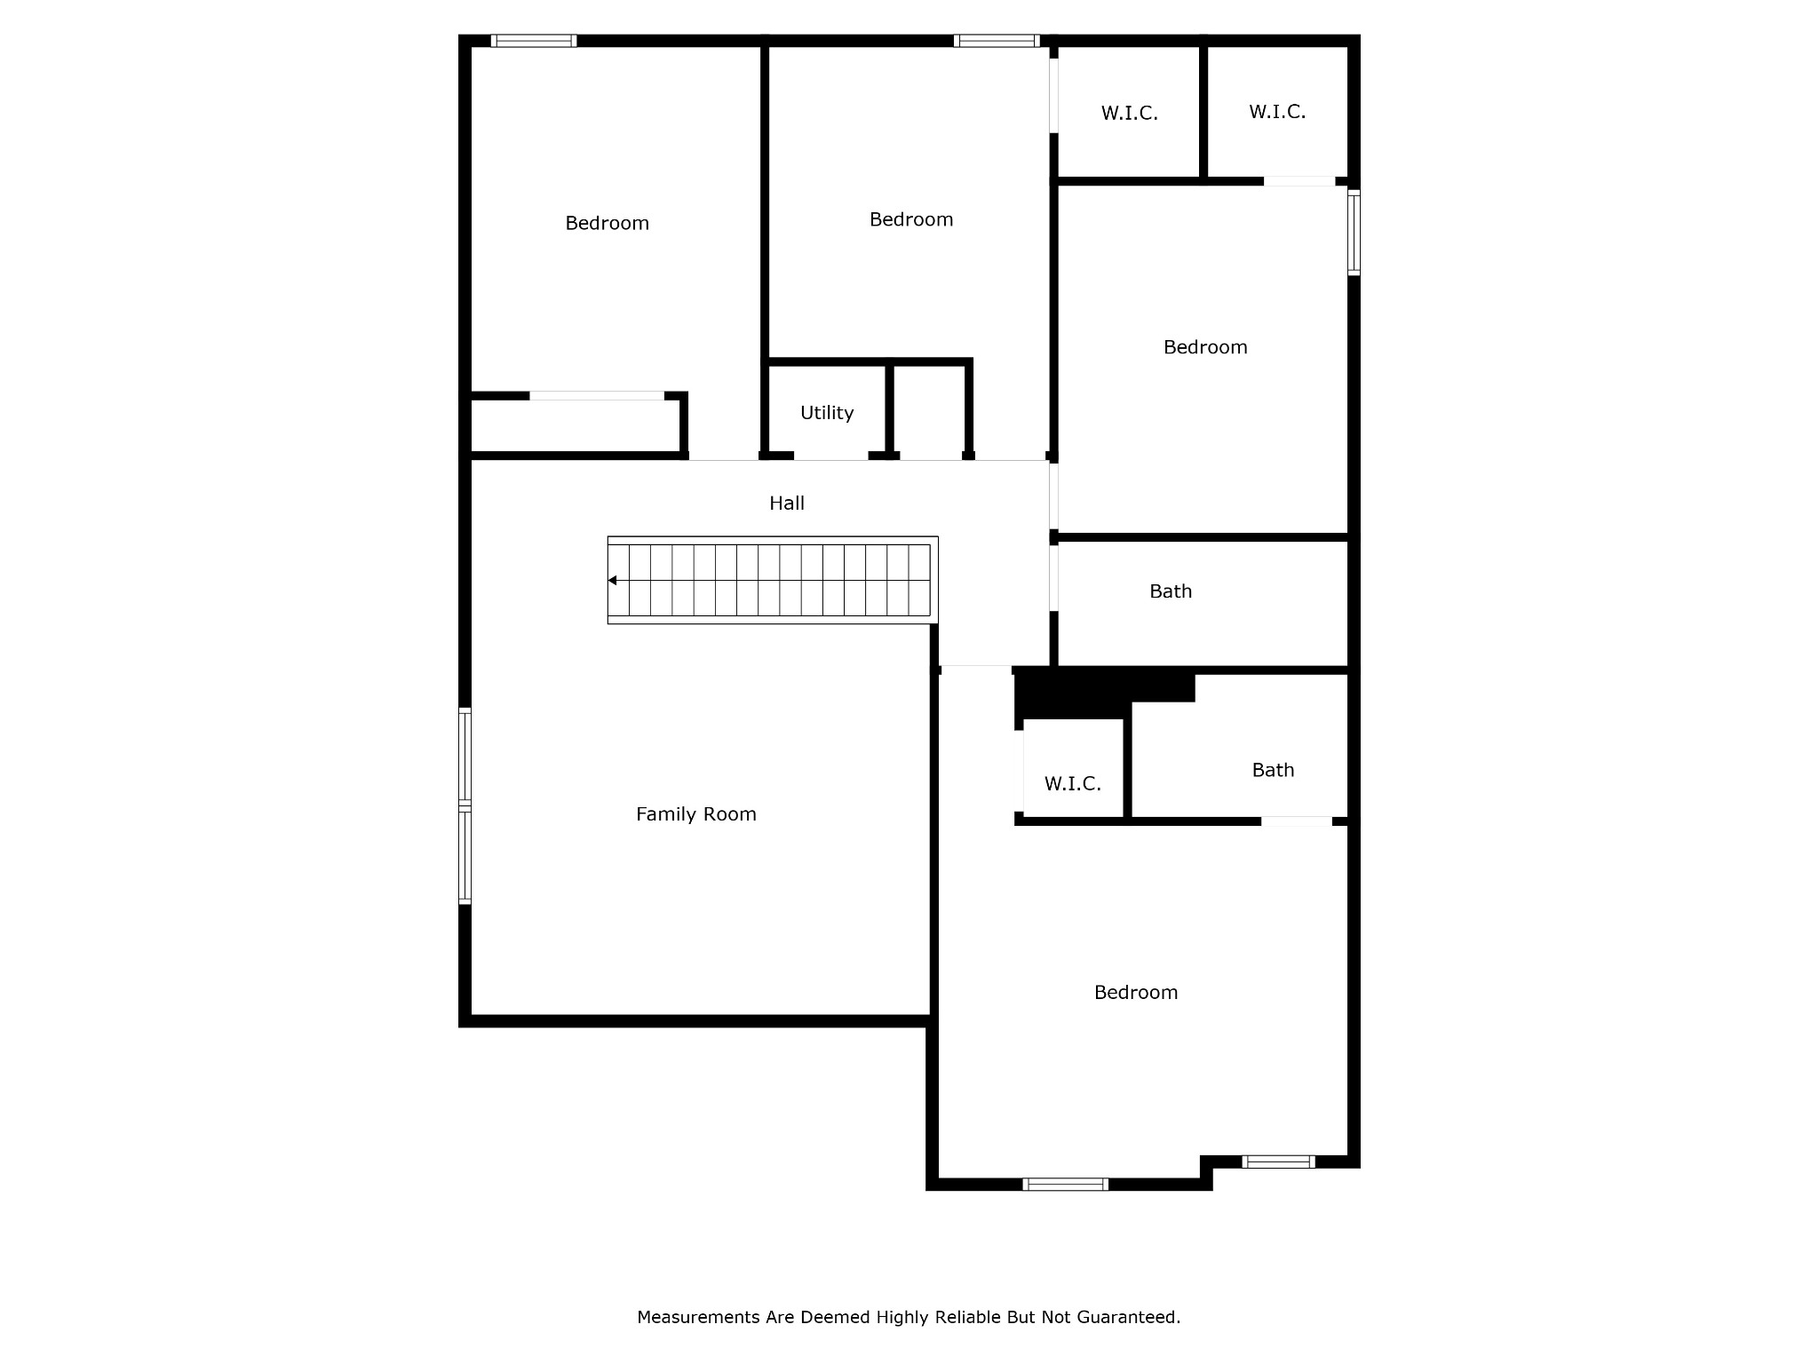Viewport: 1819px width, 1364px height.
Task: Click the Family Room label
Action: point(695,814)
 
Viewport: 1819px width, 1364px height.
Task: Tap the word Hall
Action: point(786,504)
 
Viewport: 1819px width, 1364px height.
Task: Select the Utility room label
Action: point(826,413)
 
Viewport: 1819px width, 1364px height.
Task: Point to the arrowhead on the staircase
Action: point(613,581)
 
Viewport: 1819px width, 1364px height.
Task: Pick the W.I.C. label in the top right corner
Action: point(1276,112)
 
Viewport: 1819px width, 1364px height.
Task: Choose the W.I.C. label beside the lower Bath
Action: point(1072,784)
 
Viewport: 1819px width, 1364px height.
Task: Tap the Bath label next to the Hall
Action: point(1170,591)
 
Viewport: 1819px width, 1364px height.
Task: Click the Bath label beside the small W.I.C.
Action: point(1272,770)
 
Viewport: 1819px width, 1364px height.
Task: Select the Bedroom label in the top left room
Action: point(607,223)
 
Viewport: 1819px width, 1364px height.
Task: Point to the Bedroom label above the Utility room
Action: point(910,219)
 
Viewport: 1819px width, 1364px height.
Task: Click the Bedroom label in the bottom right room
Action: point(1135,993)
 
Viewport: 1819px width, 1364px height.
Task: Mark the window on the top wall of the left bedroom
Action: point(533,41)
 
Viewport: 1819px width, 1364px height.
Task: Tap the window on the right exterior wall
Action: point(1354,233)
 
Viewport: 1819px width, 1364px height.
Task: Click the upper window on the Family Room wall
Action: point(465,757)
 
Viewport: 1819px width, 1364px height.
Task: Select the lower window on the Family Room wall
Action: point(465,856)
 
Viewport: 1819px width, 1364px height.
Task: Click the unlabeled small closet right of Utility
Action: point(929,411)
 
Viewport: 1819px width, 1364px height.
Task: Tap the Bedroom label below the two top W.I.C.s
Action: point(1204,347)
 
